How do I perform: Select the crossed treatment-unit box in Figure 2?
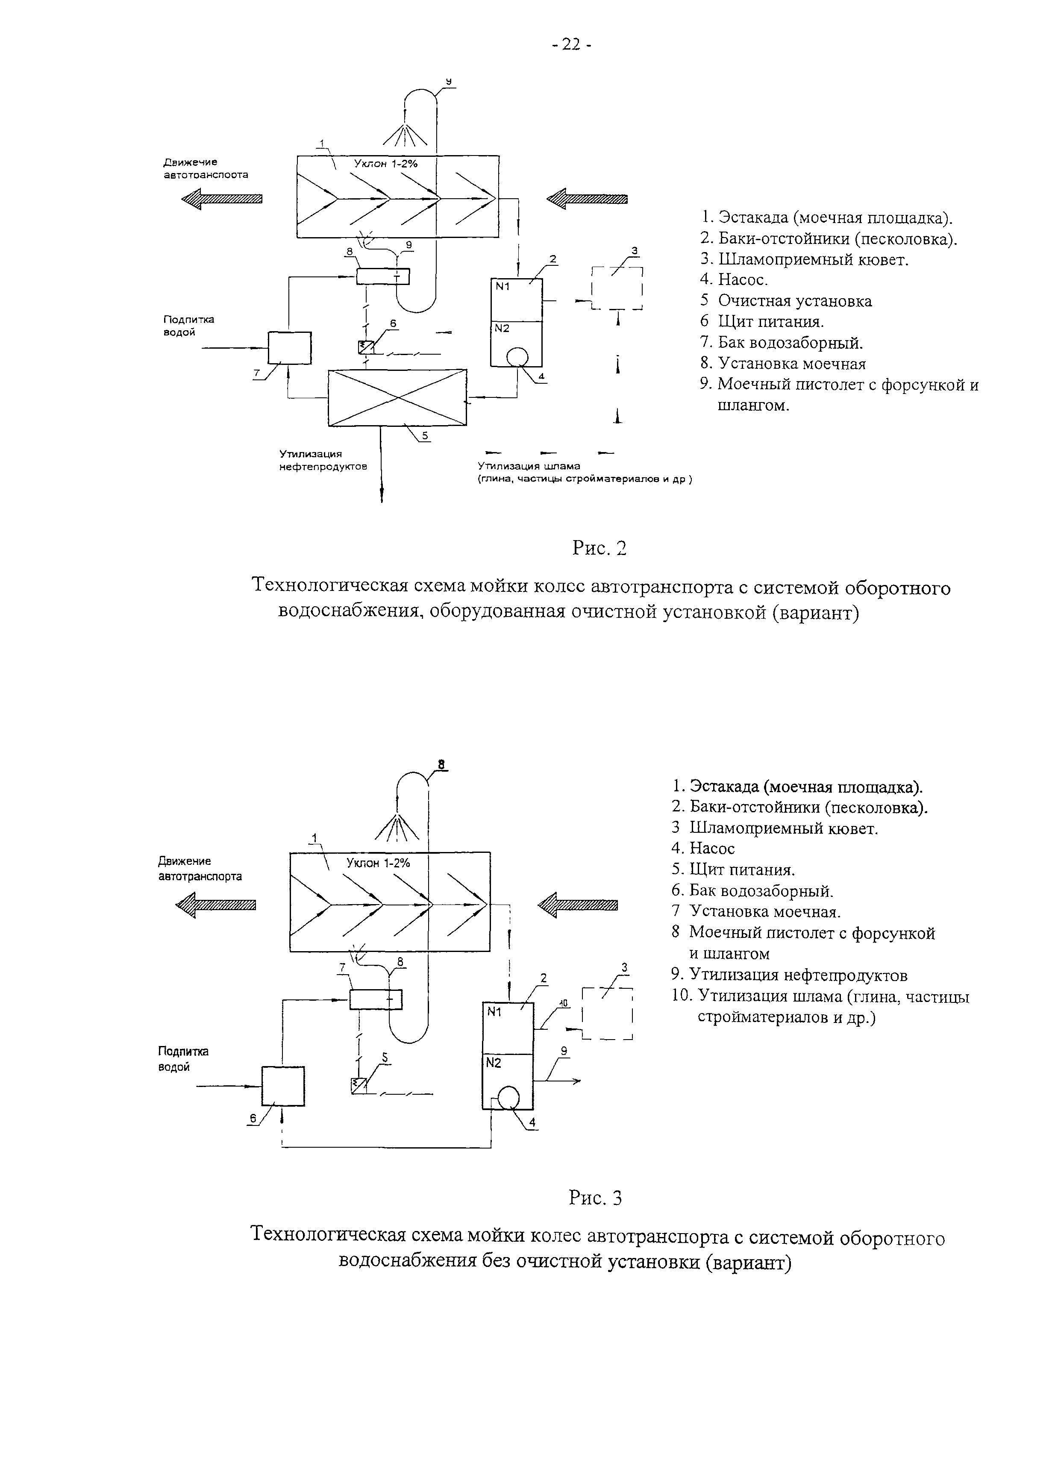tap(397, 397)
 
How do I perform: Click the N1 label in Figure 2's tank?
tap(503, 285)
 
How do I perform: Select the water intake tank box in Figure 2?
tap(289, 348)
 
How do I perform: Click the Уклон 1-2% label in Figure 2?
tap(386, 164)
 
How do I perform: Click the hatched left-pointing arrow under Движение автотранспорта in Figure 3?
tap(216, 905)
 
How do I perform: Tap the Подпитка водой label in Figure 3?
tap(183, 1060)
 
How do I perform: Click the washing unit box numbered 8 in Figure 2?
tap(383, 276)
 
